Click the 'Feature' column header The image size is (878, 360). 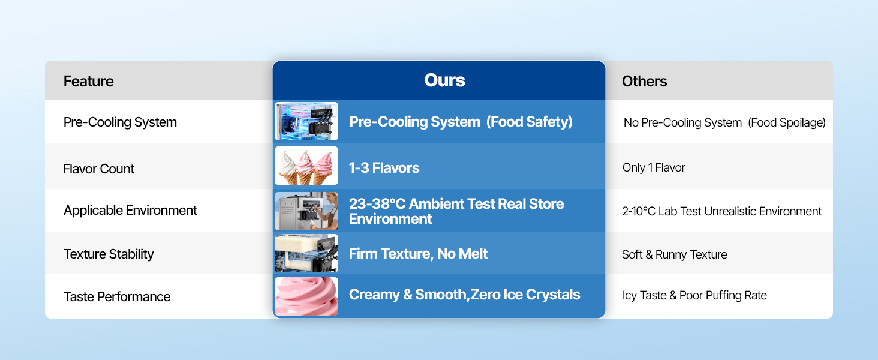tap(88, 81)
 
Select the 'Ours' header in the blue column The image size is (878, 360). tap(444, 80)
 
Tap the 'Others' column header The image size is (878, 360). tap(644, 81)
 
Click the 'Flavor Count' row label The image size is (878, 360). tap(98, 169)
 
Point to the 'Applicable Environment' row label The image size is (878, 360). tap(130, 211)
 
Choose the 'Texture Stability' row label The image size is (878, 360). tap(109, 254)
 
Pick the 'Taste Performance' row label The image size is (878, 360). tap(117, 296)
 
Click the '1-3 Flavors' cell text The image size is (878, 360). tap(384, 167)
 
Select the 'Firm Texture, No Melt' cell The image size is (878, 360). tap(418, 254)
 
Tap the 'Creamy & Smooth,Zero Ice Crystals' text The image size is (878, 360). tap(464, 295)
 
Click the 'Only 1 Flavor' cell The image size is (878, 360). tap(654, 168)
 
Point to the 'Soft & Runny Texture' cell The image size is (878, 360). tap(674, 254)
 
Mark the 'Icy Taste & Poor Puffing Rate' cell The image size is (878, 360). tap(694, 295)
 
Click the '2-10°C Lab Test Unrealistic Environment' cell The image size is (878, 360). tap(721, 211)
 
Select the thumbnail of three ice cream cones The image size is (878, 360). tap(306, 166)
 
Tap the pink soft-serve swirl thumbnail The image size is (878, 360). tap(306, 296)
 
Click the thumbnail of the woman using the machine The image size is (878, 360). tap(306, 211)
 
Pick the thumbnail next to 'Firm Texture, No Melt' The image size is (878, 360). tap(306, 254)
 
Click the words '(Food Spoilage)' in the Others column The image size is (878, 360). tap(787, 122)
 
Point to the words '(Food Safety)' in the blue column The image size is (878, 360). tap(529, 122)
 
